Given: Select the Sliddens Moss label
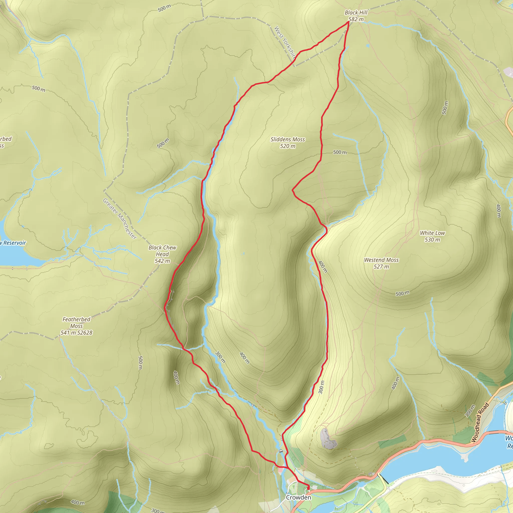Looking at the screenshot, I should [288, 140].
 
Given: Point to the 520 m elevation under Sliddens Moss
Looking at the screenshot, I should [288, 146].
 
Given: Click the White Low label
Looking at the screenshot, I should [432, 233].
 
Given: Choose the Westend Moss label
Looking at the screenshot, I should [381, 260].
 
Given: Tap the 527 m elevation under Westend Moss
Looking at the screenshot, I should [381, 267].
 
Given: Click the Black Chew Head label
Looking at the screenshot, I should [162, 251].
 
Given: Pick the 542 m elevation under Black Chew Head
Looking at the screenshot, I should [162, 261].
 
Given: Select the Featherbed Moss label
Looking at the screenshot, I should [76, 322].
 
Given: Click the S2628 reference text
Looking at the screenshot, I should [85, 333].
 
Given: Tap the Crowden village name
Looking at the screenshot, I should [298, 497].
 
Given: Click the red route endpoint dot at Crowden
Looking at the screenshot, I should [308, 487].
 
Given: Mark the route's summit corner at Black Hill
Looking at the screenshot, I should [348, 22].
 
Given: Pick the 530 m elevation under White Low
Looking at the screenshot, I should [432, 240].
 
